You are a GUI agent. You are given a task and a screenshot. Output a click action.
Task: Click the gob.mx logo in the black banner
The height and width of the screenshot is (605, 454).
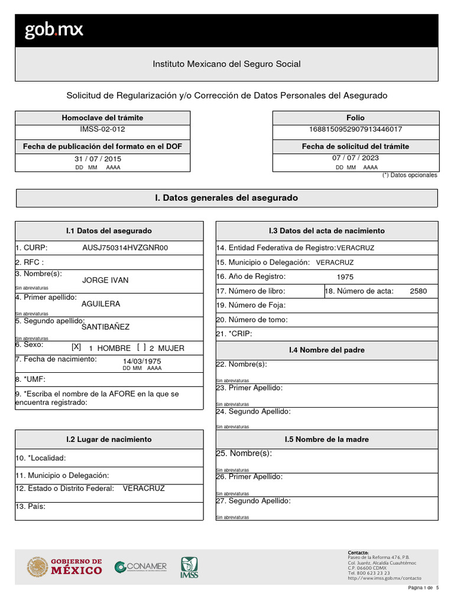coord(54,31)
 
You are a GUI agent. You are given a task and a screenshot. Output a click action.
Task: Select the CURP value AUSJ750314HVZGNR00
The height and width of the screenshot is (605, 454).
coord(125,248)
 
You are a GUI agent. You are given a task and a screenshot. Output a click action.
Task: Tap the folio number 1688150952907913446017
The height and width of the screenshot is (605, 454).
coord(355,129)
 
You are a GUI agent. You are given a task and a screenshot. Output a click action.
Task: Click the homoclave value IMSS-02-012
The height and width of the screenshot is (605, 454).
coord(102,129)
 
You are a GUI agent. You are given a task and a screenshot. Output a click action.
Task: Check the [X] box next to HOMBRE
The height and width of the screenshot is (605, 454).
coord(76,347)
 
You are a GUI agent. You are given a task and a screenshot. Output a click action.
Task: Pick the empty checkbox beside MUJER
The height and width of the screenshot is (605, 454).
coord(141,347)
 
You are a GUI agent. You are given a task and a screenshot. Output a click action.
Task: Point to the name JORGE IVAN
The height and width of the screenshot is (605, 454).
coord(105,280)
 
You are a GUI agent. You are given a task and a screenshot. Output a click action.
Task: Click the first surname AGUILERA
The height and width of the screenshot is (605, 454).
coord(100,304)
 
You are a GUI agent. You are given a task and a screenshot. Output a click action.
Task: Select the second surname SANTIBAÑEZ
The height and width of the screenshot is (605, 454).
coord(105,327)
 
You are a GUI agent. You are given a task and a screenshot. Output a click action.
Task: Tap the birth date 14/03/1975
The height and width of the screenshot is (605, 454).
coord(142,361)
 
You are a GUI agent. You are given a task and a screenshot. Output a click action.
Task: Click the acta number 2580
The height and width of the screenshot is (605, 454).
coord(418,291)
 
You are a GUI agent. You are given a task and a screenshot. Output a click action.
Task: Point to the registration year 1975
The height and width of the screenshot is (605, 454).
coord(345,277)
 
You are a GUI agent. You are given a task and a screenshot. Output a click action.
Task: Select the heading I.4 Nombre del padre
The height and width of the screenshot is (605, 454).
coord(327,350)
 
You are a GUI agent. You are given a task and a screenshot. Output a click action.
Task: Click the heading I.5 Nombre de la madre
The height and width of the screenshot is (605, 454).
coord(327,440)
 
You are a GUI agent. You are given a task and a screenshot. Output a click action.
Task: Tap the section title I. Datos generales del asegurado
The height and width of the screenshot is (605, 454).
coord(226,198)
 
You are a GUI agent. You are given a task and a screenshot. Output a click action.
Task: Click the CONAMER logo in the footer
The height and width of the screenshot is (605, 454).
coord(141,567)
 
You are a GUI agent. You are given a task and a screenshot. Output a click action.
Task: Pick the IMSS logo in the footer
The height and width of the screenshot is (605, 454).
coord(189,567)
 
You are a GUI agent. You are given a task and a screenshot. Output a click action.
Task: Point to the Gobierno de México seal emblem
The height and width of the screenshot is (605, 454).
coord(37,567)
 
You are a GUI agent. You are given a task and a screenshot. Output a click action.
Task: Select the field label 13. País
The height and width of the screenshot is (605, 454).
coord(31,506)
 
